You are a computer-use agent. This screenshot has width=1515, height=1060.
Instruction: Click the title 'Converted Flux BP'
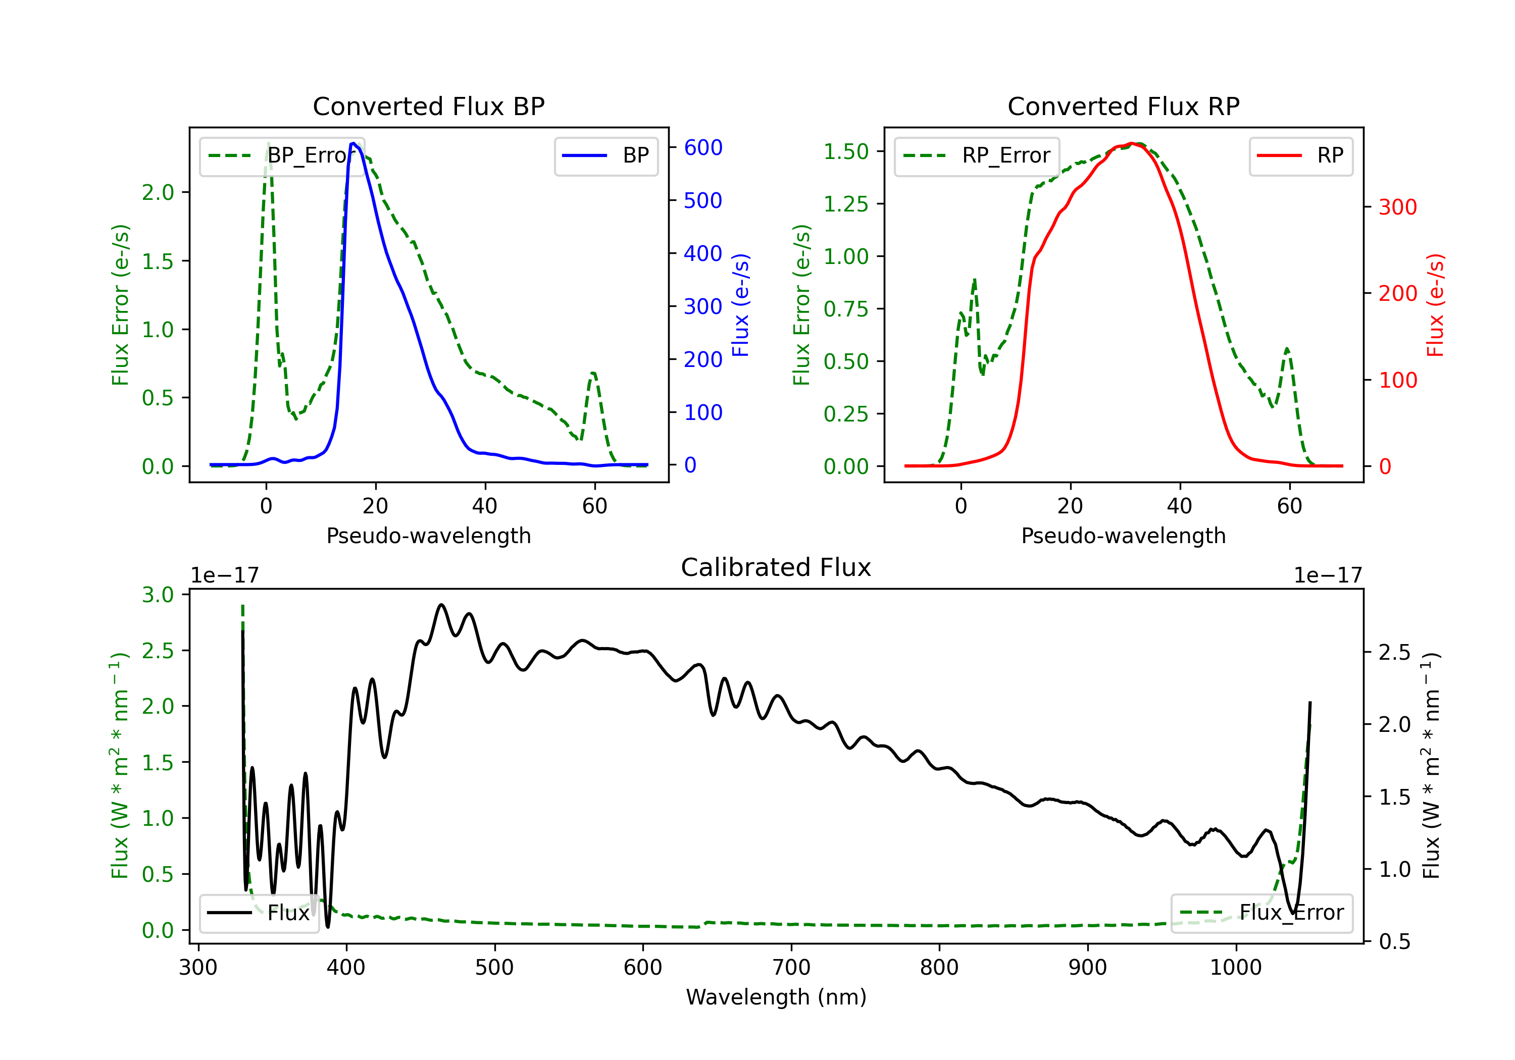pyautogui.click(x=428, y=106)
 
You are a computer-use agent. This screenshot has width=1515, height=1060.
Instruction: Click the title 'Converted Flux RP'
pyautogui.click(x=1123, y=106)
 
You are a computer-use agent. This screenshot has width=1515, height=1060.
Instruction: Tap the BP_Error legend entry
pyautogui.click(x=282, y=155)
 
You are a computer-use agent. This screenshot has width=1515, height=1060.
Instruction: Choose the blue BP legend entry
pyautogui.click(x=605, y=155)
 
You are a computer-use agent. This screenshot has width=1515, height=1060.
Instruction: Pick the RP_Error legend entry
pyautogui.click(x=977, y=155)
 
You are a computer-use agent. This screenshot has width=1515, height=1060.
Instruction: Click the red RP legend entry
pyautogui.click(x=1300, y=155)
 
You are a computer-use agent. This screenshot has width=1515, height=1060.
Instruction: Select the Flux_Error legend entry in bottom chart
pyautogui.click(x=1261, y=913)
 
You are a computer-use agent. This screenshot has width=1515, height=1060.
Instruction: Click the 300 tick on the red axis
pyautogui.click(x=1397, y=207)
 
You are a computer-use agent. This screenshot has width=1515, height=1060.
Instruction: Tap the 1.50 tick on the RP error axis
pyautogui.click(x=846, y=152)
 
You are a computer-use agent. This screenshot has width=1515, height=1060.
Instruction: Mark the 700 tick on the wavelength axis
pyautogui.click(x=791, y=968)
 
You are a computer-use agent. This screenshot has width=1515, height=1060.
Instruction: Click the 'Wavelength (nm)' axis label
pyautogui.click(x=776, y=997)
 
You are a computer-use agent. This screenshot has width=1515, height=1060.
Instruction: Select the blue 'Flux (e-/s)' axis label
pyautogui.click(x=741, y=305)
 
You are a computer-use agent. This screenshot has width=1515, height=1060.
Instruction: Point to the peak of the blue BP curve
pyautogui.click(x=353, y=143)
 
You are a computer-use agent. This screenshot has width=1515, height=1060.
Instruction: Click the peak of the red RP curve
pyautogui.click(x=1132, y=143)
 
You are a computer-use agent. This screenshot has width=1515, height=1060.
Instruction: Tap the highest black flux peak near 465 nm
pyautogui.click(x=441, y=604)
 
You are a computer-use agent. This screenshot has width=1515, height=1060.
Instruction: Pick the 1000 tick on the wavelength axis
pyautogui.click(x=1235, y=968)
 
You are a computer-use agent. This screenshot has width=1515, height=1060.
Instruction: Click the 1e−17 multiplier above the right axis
pyautogui.click(x=1328, y=575)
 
